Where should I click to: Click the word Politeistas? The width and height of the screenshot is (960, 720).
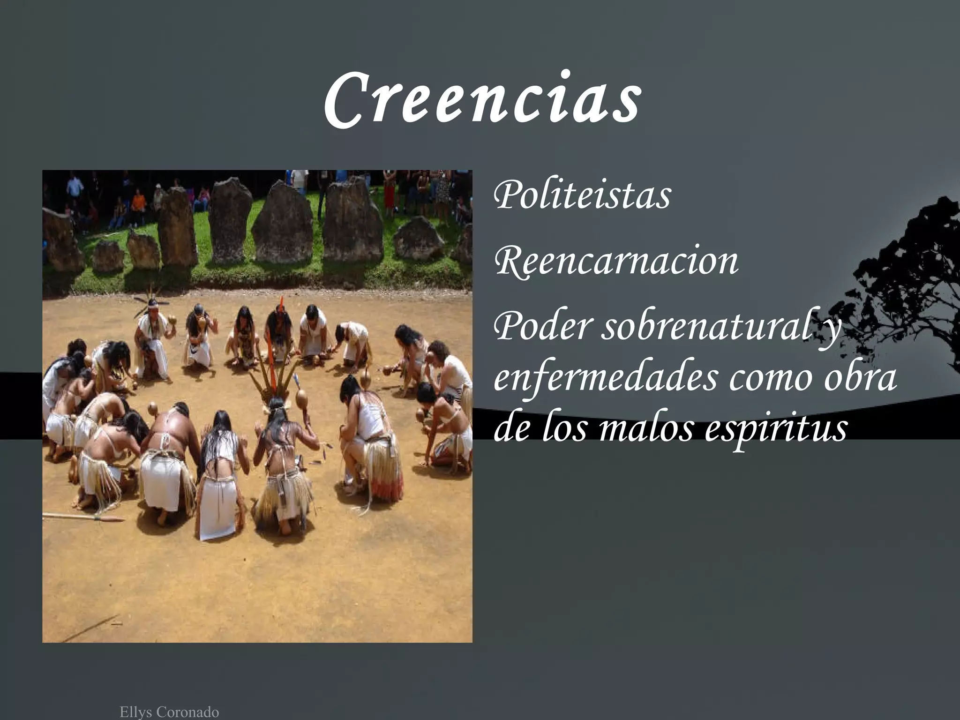click(x=582, y=196)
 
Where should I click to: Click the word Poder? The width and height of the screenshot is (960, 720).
click(x=541, y=327)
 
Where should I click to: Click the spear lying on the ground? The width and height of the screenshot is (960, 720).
click(x=84, y=517)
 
